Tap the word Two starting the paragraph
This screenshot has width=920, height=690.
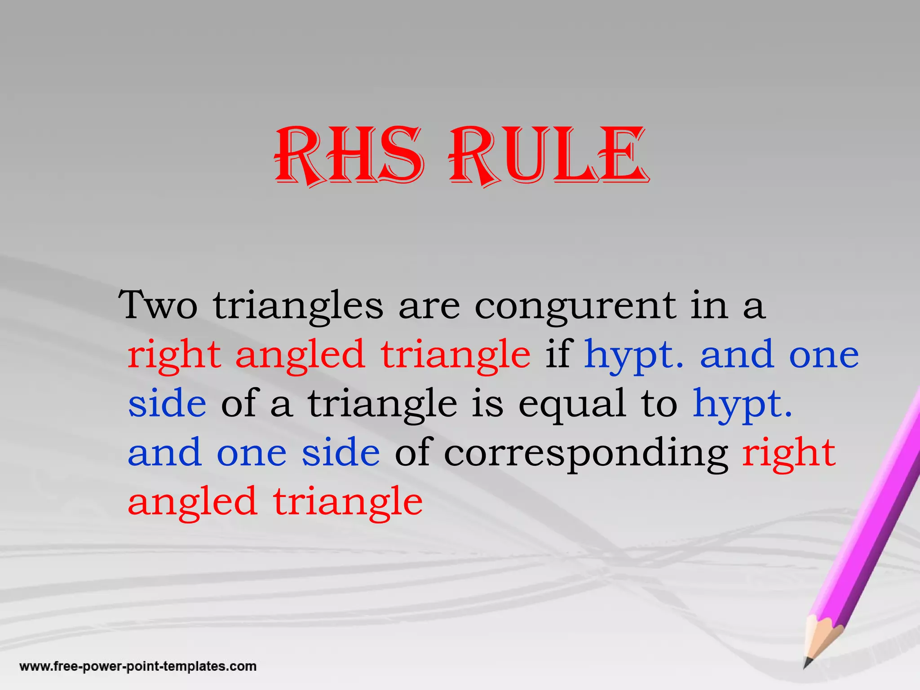(158, 305)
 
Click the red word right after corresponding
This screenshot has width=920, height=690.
(788, 453)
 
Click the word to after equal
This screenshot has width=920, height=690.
(659, 403)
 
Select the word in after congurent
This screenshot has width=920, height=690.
(709, 305)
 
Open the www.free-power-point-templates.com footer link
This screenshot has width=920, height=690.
(138, 666)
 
